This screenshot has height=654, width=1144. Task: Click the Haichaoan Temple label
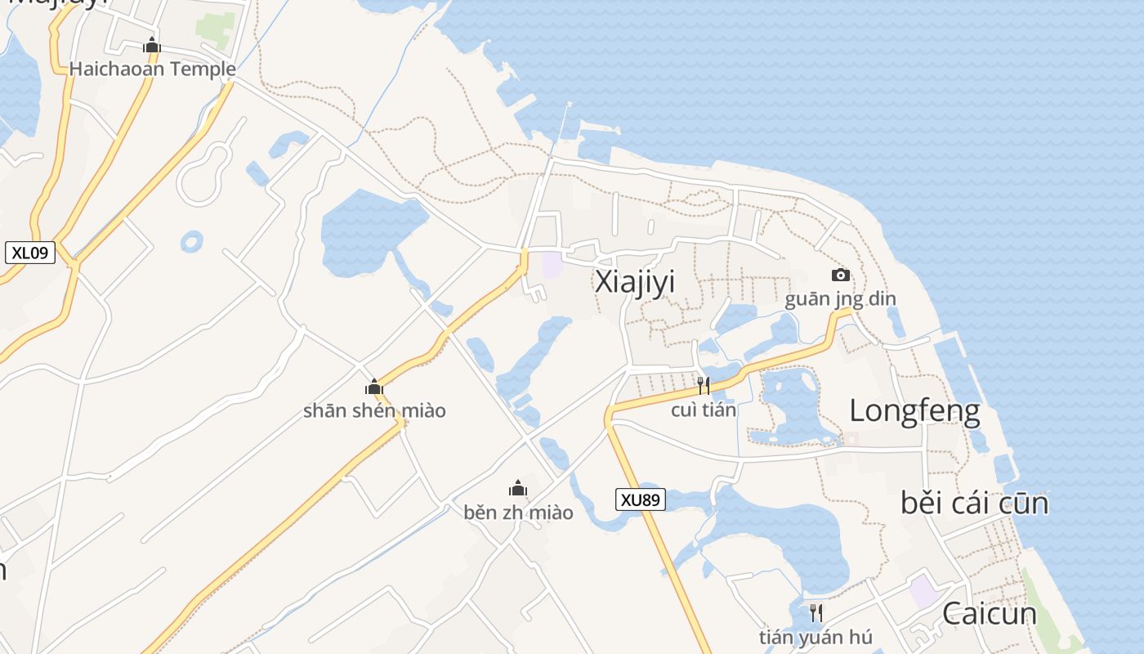click(152, 69)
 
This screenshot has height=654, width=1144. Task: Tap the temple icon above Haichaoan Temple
click(152, 46)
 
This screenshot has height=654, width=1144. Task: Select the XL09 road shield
click(30, 253)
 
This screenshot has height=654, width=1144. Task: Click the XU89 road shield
click(641, 499)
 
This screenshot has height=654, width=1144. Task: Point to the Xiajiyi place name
click(635, 282)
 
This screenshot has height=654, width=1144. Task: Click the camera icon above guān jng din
click(840, 275)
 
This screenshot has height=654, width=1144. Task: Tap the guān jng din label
click(840, 299)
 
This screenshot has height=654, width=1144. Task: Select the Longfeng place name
click(914, 410)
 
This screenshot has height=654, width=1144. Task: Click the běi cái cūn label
click(974, 503)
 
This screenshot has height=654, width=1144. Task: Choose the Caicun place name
click(989, 613)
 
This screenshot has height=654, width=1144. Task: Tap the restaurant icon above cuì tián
click(704, 385)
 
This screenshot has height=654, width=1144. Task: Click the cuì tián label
click(704, 410)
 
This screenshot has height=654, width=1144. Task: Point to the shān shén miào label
click(374, 410)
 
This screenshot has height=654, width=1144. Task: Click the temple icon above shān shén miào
click(374, 387)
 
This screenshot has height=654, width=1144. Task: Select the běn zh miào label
click(518, 513)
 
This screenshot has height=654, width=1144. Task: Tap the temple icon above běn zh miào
click(518, 489)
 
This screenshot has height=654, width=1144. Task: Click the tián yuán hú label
click(816, 637)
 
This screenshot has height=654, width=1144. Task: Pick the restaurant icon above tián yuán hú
click(816, 612)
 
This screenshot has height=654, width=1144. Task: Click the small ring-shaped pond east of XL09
click(192, 241)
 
